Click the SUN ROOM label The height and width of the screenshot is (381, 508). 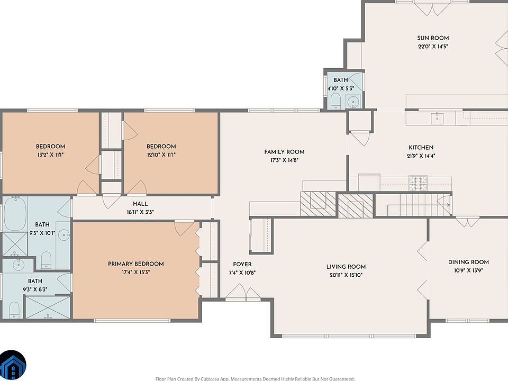coord(433,38)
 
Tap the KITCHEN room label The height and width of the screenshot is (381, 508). coord(421,148)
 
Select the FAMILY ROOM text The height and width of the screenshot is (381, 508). coord(284,152)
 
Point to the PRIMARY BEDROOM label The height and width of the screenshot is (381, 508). coord(136,264)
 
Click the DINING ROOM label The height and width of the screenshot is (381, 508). coord(468,262)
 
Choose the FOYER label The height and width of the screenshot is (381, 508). coord(242,265)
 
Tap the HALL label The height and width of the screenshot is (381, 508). coord(140,204)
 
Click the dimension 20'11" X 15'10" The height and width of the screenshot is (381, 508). coord(346,275)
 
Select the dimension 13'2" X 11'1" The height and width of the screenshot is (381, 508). coord(51,155)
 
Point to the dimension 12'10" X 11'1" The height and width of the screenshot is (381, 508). coord(161,155)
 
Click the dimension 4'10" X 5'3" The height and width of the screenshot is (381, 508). coord(340,88)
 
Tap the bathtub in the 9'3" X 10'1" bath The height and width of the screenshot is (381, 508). coord(15,214)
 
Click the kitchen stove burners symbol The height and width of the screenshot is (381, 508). coord(418,184)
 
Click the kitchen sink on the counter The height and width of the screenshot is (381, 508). coord(437,118)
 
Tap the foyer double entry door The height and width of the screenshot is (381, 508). coord(243,292)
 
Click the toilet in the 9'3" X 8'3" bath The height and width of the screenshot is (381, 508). coord(14,310)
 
